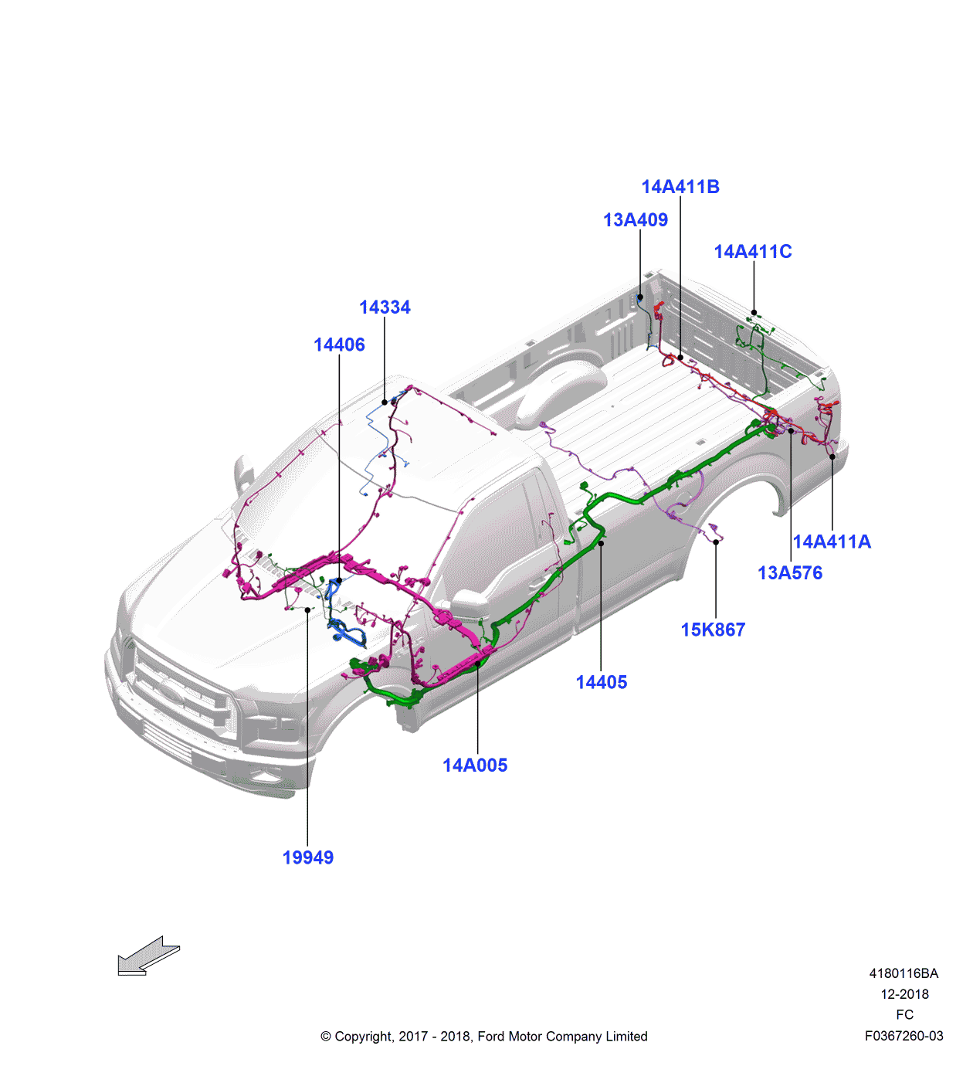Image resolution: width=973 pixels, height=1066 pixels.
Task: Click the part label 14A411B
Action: (x=680, y=187)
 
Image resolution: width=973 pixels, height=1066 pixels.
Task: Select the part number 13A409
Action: (x=636, y=220)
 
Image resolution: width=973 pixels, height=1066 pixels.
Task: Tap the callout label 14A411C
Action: (x=753, y=252)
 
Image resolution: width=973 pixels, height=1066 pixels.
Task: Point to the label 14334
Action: (x=385, y=307)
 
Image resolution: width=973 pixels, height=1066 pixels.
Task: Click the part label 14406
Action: (x=339, y=345)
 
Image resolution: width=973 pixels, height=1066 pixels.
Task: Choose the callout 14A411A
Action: (x=832, y=542)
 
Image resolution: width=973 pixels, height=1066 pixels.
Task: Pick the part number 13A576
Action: (x=790, y=573)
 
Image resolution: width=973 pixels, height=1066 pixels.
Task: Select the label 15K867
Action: (x=713, y=630)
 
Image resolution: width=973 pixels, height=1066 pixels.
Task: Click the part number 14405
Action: (x=602, y=683)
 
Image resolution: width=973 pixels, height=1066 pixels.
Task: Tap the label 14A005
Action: (x=475, y=766)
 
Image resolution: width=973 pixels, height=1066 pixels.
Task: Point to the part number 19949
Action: (x=308, y=858)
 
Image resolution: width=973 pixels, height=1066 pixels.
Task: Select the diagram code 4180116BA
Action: (x=903, y=974)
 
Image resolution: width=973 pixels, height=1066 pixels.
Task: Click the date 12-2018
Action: (x=904, y=995)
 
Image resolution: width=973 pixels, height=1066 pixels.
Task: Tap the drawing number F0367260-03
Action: (x=903, y=1037)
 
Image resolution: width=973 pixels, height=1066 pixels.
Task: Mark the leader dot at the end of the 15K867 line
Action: (x=716, y=542)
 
